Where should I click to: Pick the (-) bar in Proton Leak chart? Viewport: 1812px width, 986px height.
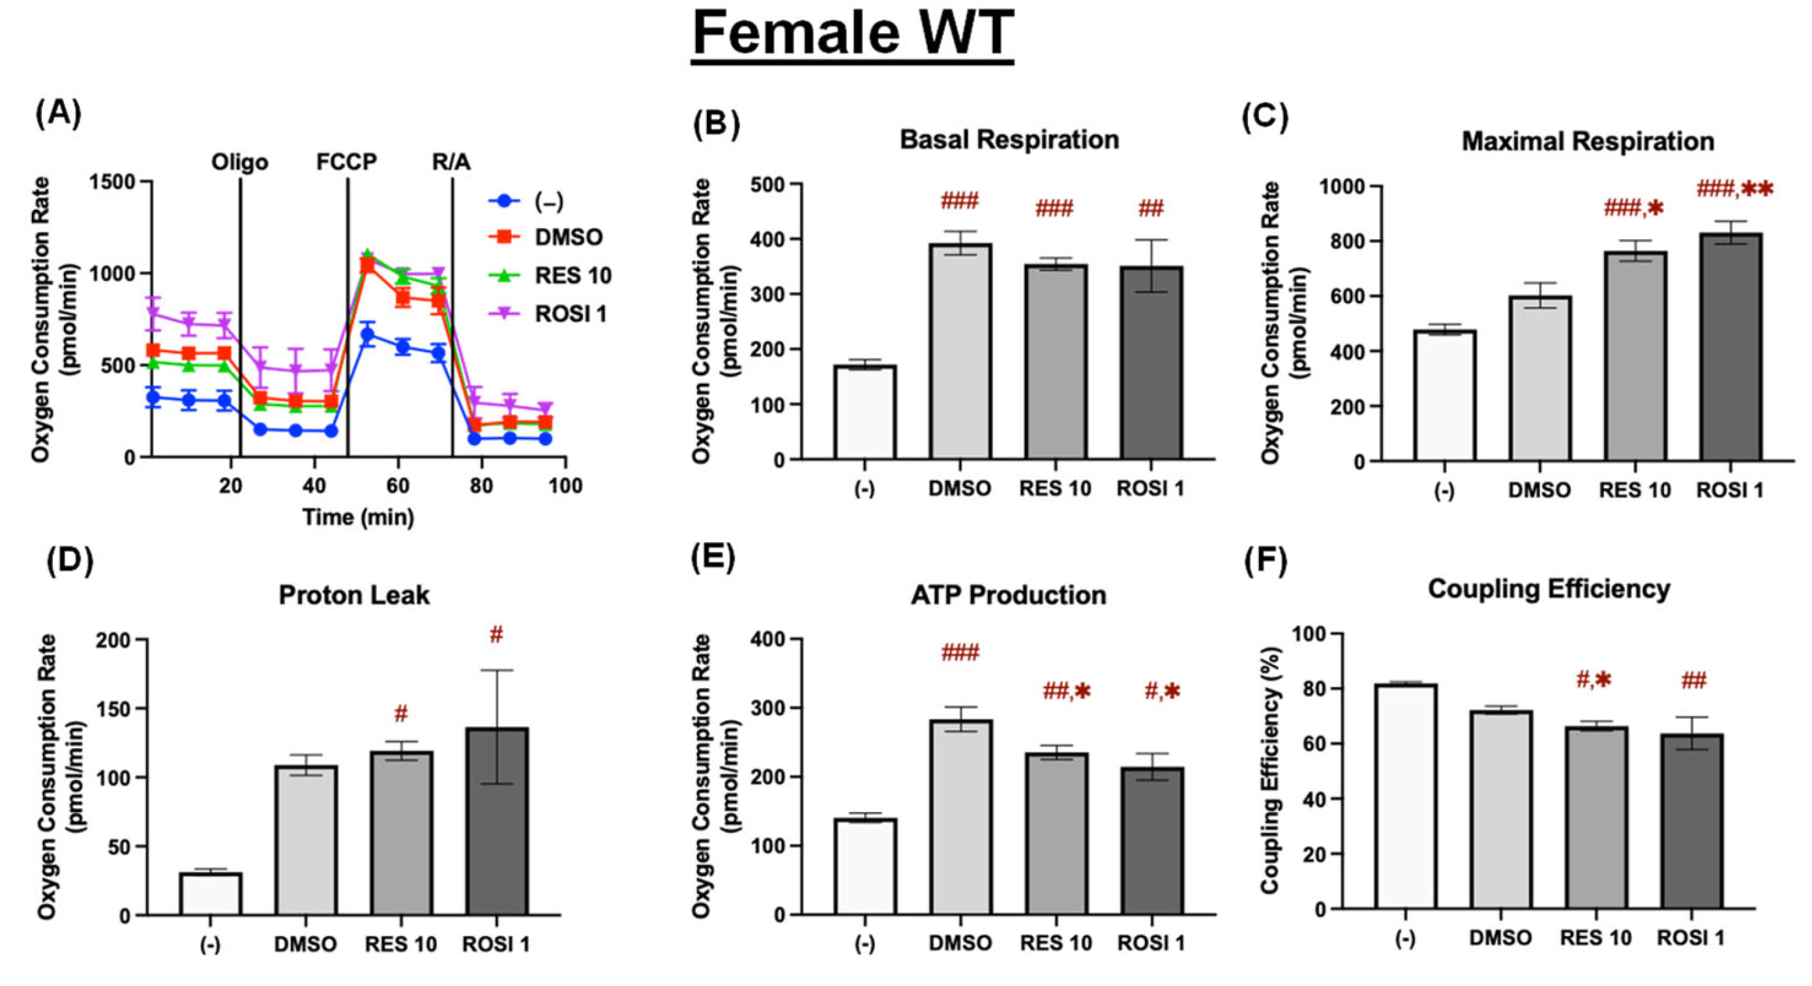[211, 894]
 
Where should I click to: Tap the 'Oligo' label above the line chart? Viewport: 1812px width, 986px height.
[240, 162]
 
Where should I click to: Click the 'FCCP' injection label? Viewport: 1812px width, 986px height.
[346, 162]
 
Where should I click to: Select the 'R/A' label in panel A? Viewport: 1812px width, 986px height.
[451, 162]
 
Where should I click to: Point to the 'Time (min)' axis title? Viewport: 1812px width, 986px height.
[358, 517]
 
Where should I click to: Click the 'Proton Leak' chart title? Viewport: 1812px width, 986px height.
[354, 596]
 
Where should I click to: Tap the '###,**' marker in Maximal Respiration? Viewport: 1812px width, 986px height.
[1735, 189]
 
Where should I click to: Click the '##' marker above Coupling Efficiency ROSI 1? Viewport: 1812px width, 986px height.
[1694, 681]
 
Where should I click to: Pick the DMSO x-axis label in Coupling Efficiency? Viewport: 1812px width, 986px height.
[1500, 938]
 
